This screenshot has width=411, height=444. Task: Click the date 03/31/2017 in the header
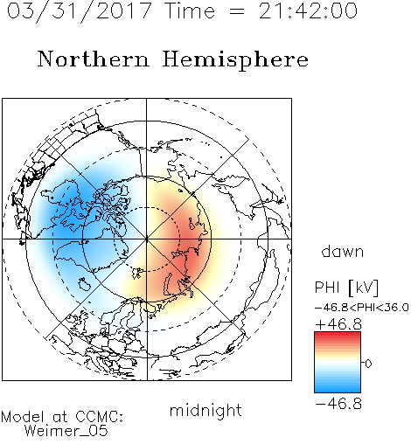[79, 11]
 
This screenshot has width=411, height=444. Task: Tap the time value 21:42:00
[308, 10]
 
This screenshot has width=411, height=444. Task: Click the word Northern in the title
[94, 59]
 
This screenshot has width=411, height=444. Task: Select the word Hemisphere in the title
[235, 60]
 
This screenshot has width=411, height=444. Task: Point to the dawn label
[343, 252]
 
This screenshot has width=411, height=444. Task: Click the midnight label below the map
[205, 412]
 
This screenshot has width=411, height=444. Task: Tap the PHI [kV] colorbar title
[346, 288]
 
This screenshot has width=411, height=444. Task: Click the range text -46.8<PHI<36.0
[362, 308]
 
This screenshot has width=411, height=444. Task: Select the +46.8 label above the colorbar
[338, 324]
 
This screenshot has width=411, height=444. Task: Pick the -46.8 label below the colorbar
[338, 404]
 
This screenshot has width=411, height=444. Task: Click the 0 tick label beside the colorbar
[368, 364]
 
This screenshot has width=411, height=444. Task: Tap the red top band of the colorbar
[338, 335]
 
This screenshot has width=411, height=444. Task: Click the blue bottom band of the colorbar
[338, 390]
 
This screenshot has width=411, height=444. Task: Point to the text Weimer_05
[66, 431]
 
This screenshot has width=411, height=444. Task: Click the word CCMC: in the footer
[99, 417]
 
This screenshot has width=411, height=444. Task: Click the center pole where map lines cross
[147, 239]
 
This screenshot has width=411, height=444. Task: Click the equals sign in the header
[236, 11]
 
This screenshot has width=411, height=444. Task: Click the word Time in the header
[190, 10]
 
